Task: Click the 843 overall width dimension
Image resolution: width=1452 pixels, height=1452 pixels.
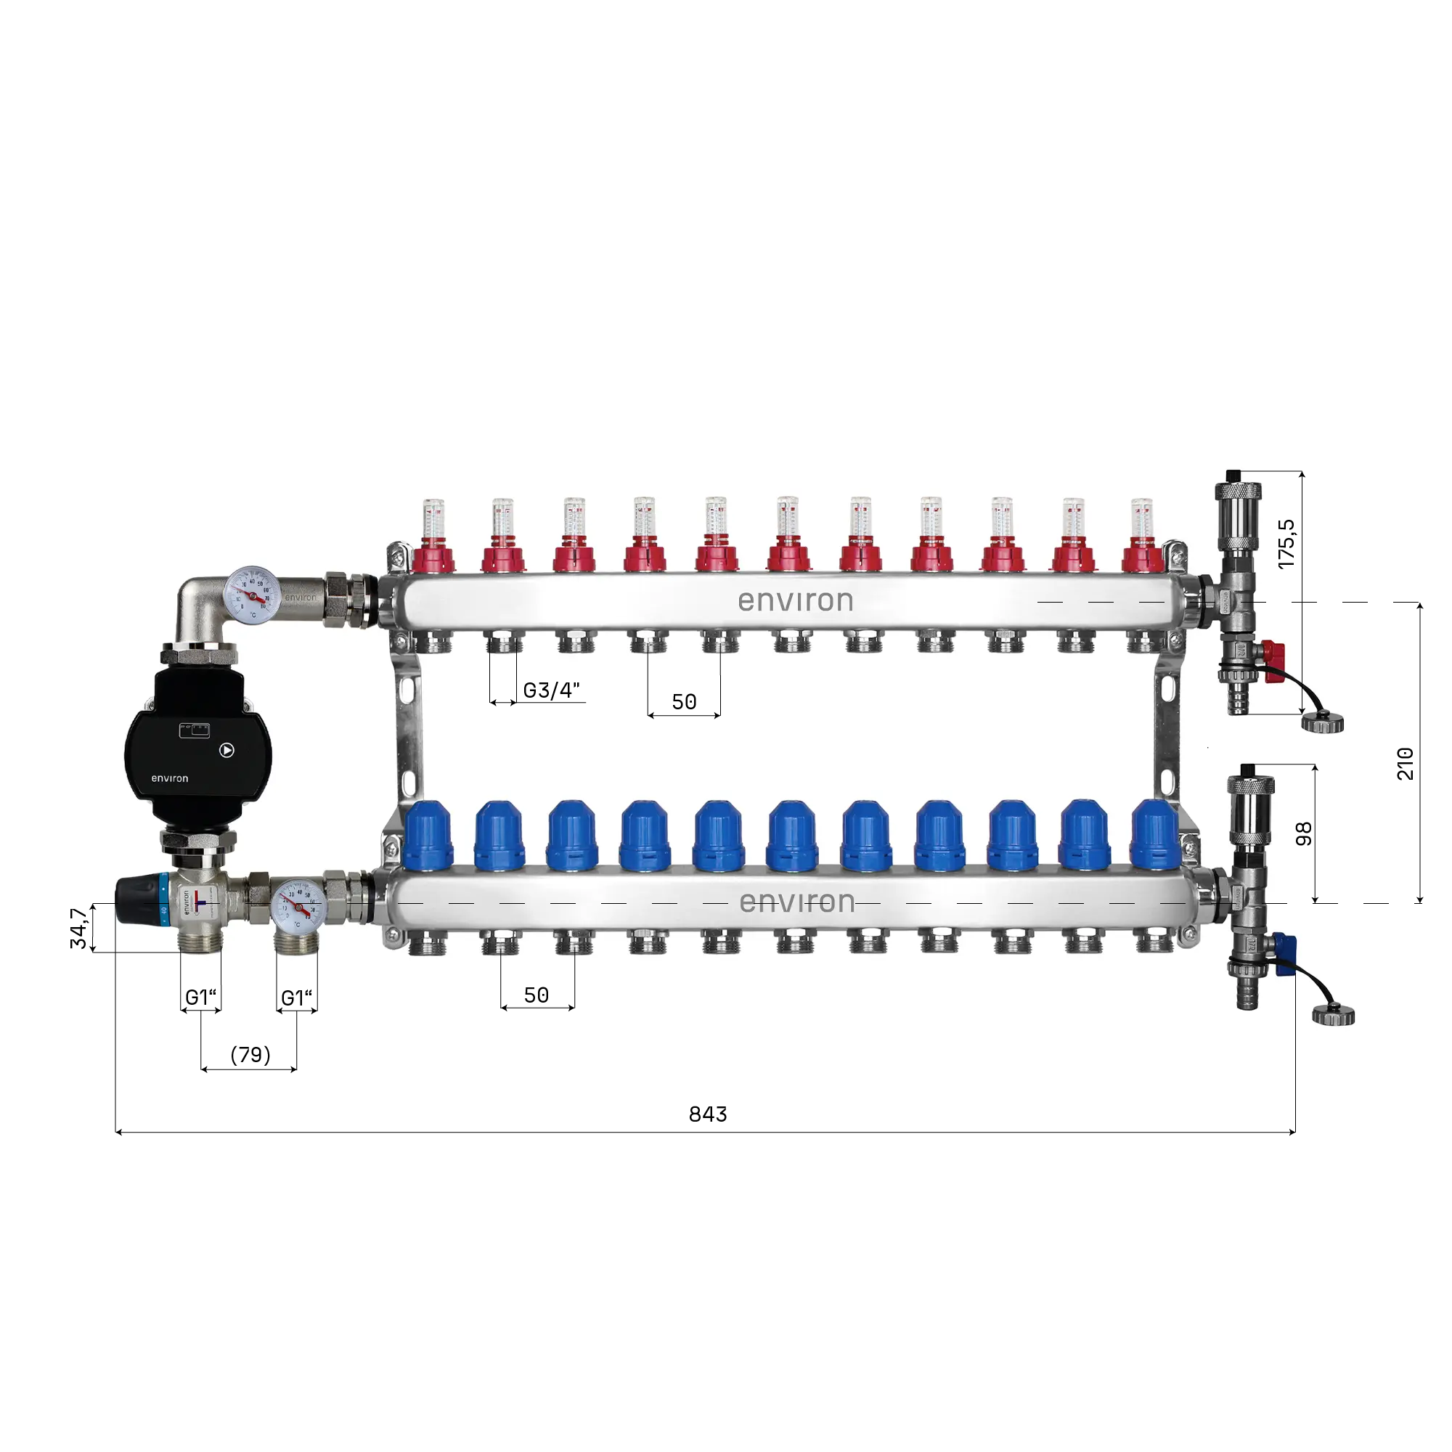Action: tap(707, 1114)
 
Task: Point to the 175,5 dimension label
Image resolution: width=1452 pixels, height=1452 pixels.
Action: tap(1286, 543)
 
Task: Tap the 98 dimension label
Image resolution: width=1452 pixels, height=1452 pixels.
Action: tap(1304, 833)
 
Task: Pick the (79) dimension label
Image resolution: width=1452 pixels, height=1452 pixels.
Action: tap(250, 1054)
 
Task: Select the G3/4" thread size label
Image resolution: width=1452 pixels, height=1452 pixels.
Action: tap(551, 690)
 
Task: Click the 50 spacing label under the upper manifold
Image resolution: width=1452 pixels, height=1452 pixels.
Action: tap(684, 702)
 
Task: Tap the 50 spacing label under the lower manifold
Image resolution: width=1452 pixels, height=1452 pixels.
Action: tap(536, 995)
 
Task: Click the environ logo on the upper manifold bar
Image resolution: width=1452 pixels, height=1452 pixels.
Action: tap(795, 600)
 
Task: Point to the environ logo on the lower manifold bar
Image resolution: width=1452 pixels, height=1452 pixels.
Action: tap(796, 902)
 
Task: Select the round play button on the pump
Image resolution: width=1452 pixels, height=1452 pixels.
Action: tap(227, 750)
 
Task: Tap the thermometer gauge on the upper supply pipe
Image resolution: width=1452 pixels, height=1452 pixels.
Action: tap(252, 596)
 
